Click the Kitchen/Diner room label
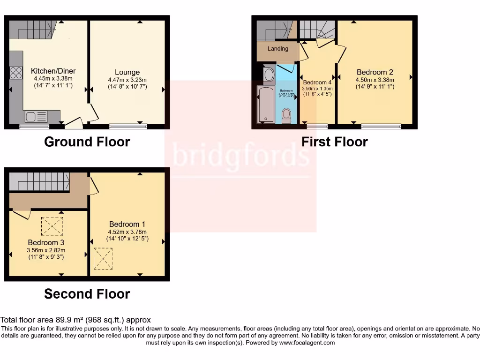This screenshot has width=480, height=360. (x=52, y=71)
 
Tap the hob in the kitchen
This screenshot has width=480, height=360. (x=16, y=73)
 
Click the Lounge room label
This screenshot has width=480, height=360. (x=127, y=72)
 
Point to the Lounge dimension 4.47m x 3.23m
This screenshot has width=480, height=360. (x=127, y=80)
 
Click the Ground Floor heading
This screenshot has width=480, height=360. (x=87, y=142)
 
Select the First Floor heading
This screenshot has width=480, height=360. (x=334, y=142)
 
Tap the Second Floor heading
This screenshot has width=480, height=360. (x=87, y=294)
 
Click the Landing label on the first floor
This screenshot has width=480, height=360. (x=277, y=49)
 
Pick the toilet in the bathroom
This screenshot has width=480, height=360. (x=286, y=115)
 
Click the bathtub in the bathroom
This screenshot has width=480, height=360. (x=265, y=104)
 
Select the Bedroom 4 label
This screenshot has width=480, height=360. (x=317, y=82)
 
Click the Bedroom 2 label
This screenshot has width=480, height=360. (x=375, y=72)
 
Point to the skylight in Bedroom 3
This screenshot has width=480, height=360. (x=52, y=226)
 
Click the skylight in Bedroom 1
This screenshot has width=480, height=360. (x=103, y=258)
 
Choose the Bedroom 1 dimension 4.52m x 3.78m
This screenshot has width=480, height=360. (x=127, y=232)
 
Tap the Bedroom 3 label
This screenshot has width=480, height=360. (x=45, y=243)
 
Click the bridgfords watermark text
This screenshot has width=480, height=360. (x=240, y=154)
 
